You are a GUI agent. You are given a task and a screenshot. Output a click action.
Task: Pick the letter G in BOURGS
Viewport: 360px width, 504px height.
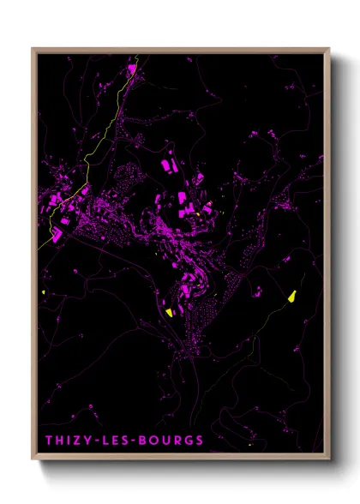(189, 441)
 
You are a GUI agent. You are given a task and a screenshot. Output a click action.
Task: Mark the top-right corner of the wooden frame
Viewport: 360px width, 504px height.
(329, 49)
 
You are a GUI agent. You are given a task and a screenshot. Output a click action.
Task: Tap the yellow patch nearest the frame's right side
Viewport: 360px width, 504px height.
(293, 296)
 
